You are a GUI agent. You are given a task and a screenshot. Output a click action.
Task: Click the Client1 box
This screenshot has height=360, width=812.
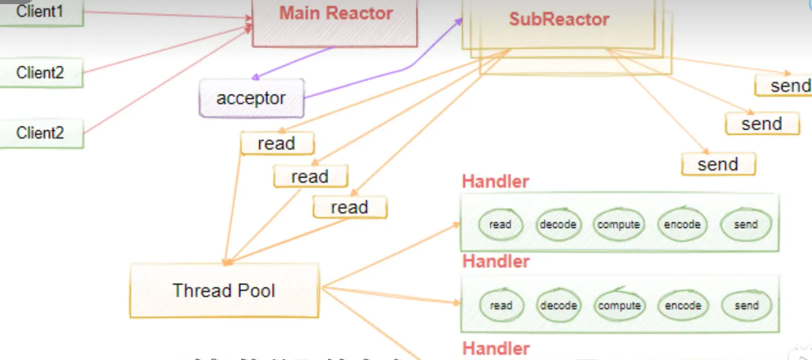tap(41, 12)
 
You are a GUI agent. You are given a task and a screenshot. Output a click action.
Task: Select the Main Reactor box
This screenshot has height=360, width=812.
tap(335, 23)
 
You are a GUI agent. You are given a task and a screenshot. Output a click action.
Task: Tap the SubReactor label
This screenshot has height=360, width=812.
tap(559, 19)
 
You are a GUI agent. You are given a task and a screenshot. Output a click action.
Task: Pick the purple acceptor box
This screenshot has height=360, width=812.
tap(251, 98)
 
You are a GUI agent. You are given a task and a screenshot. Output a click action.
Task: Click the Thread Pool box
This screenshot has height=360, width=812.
tap(224, 290)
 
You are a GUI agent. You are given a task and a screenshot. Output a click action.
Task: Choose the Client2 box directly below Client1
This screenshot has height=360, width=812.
tap(41, 72)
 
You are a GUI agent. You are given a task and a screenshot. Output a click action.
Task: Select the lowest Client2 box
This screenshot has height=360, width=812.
tap(41, 133)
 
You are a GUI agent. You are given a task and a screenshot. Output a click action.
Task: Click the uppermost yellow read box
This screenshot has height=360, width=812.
tap(277, 144)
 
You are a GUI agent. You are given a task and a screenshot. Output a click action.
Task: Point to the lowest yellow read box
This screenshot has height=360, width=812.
tap(350, 207)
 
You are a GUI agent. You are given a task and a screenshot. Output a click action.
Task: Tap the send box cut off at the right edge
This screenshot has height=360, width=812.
tap(783, 85)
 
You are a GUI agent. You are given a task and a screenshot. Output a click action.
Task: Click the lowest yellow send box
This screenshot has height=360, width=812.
tap(719, 164)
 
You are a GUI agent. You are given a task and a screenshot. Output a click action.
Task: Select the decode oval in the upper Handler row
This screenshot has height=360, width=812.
tap(559, 224)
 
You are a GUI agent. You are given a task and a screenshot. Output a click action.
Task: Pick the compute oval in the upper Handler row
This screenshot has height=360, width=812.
tap(619, 224)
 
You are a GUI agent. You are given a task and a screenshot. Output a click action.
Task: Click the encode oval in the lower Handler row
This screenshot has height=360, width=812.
tap(683, 305)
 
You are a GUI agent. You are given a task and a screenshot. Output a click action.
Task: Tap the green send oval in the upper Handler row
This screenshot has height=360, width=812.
tap(746, 224)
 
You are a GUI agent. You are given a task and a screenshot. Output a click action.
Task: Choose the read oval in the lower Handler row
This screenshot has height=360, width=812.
tap(501, 305)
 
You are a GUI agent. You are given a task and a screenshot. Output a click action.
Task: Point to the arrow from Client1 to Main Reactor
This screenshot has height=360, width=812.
tap(168, 15)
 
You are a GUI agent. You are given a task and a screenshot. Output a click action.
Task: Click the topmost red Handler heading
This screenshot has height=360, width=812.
tap(496, 181)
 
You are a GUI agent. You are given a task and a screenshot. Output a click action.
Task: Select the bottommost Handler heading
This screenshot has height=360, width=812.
tap(496, 349)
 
